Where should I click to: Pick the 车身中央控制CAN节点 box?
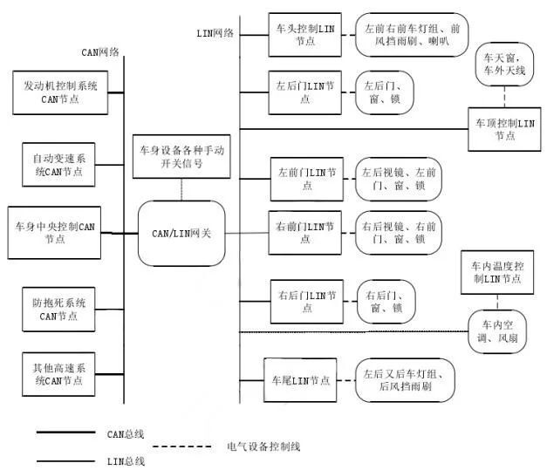pyautogui.click(x=55, y=233)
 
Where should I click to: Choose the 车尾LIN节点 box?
pyautogui.click(x=301, y=380)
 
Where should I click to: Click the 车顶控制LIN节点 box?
pyautogui.click(x=505, y=129)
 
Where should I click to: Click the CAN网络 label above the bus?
pyautogui.click(x=100, y=52)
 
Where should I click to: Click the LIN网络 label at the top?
pyautogui.click(x=215, y=33)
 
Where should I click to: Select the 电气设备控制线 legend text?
pyautogui.click(x=263, y=446)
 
